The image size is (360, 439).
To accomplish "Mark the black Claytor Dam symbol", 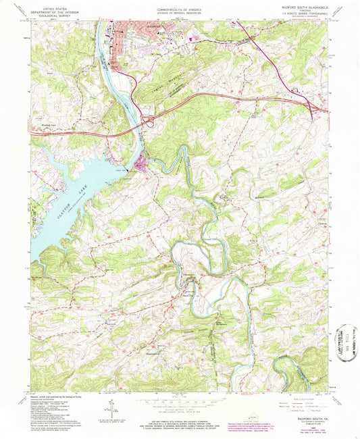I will pos(137,159).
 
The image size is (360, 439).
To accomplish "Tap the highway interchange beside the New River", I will pos(147,122).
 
